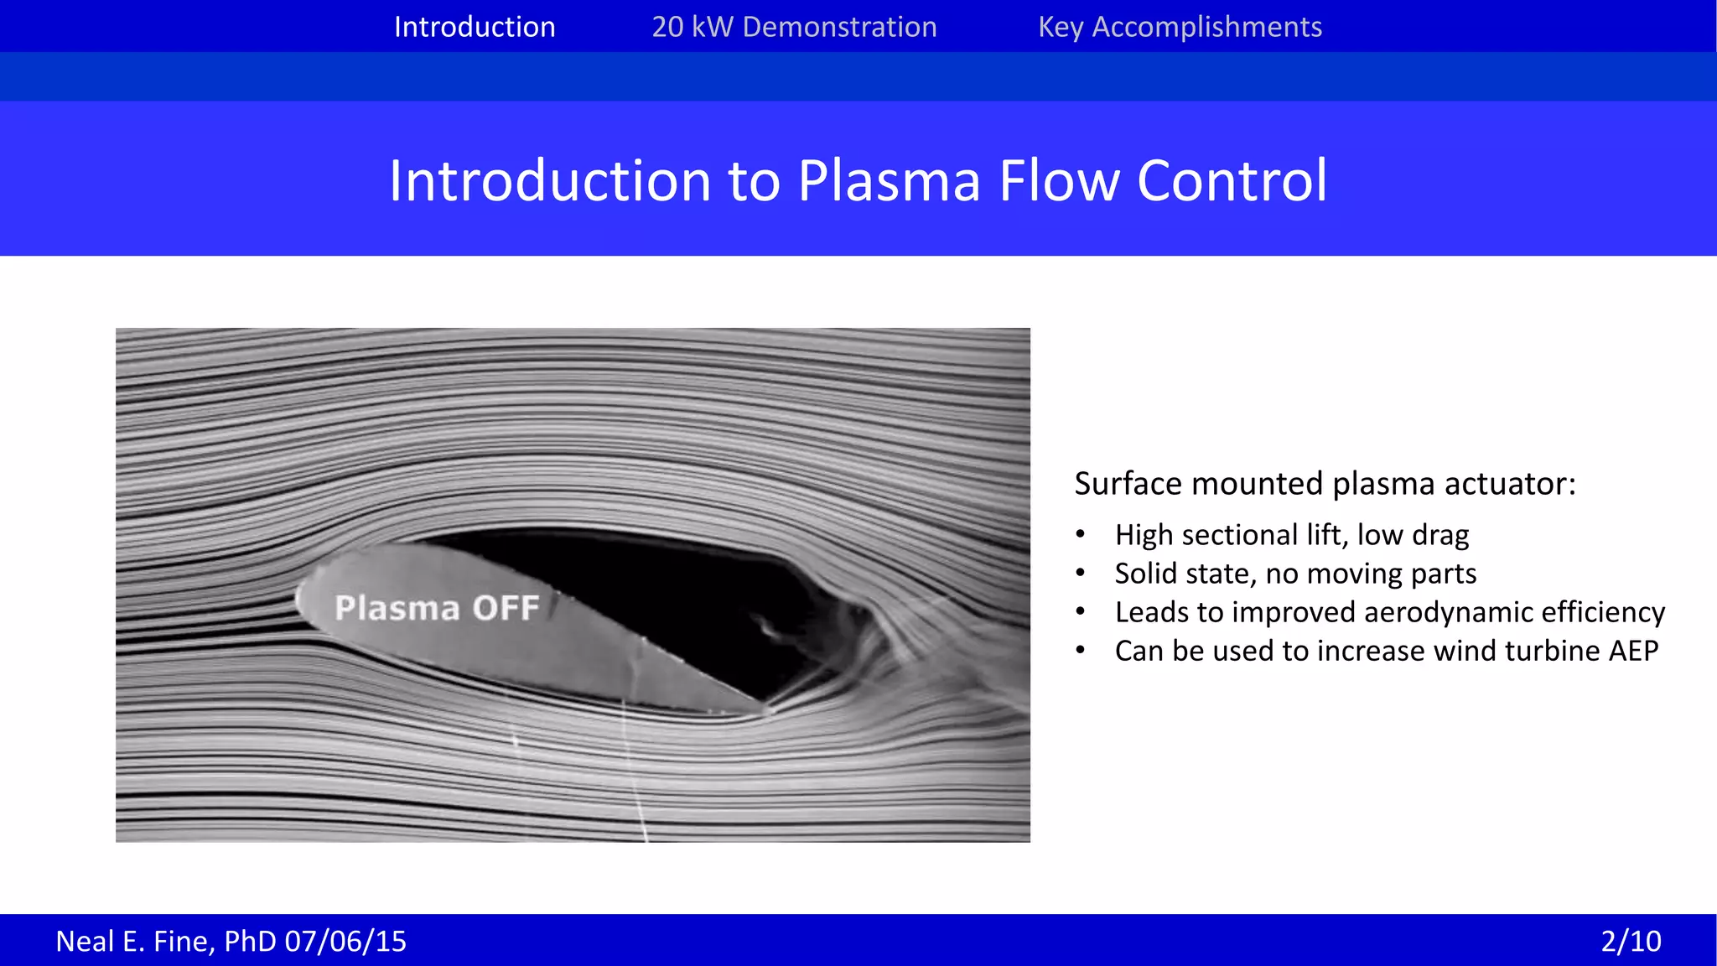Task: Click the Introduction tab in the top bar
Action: (475, 27)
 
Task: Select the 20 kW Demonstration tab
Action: (794, 27)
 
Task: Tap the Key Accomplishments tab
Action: (1180, 27)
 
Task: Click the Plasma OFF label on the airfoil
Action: (436, 608)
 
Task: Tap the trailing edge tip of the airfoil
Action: (765, 709)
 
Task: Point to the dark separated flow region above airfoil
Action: (671, 587)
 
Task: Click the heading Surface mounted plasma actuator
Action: (1325, 484)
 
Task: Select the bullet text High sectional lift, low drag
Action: (1291, 535)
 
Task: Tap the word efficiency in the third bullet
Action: (1602, 612)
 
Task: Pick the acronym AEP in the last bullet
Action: (1632, 651)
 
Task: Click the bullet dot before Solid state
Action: (1081, 574)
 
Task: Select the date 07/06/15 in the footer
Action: (345, 941)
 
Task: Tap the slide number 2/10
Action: (1631, 941)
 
